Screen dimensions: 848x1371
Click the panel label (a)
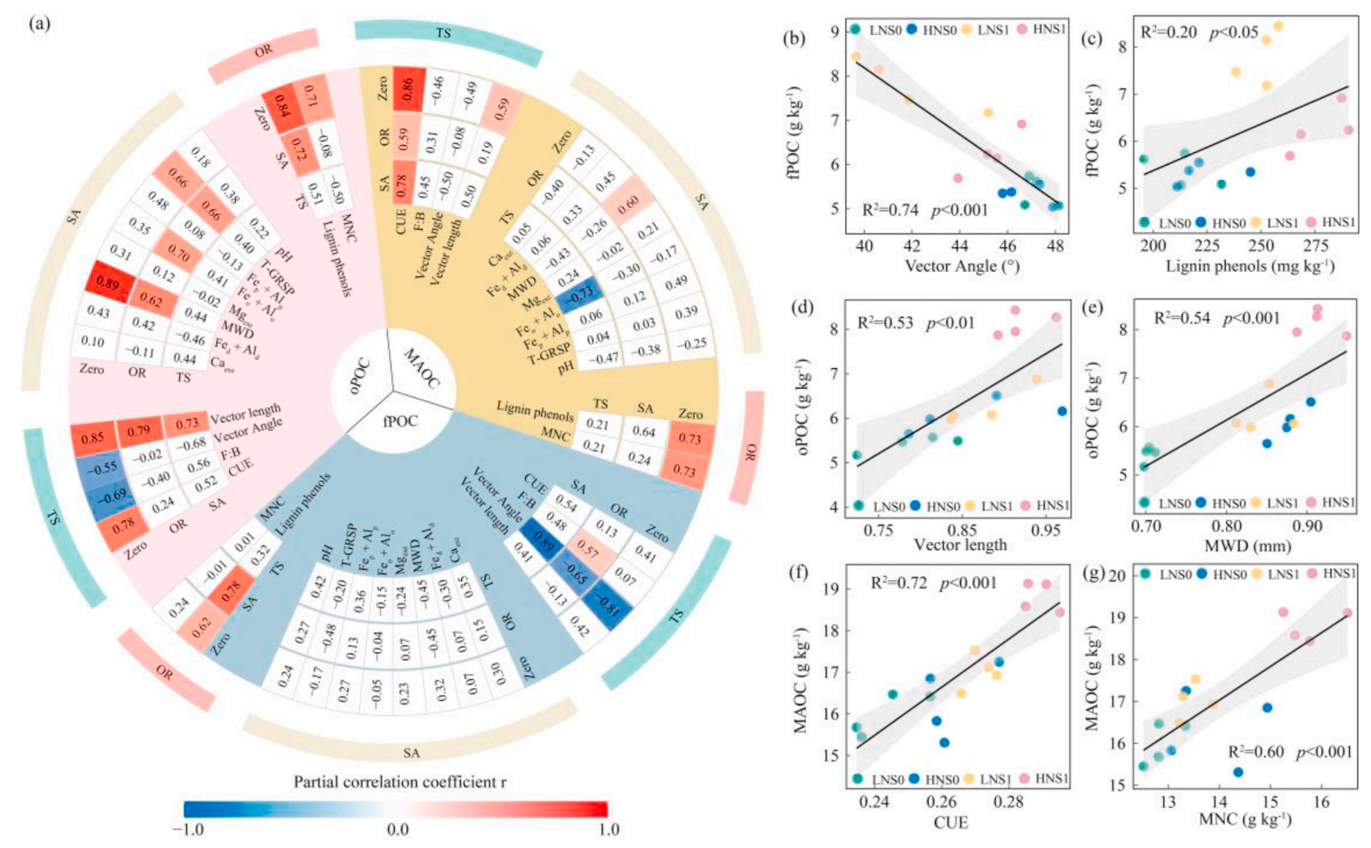pos(39,24)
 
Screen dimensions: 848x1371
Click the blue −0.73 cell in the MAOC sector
pos(578,297)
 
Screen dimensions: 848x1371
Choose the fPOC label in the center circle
pos(399,421)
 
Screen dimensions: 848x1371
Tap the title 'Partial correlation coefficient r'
pos(399,782)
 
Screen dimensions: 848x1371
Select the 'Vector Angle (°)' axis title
pos(961,266)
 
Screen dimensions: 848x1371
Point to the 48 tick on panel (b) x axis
pos(1055,247)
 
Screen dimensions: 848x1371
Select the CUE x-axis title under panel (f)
pos(951,823)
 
